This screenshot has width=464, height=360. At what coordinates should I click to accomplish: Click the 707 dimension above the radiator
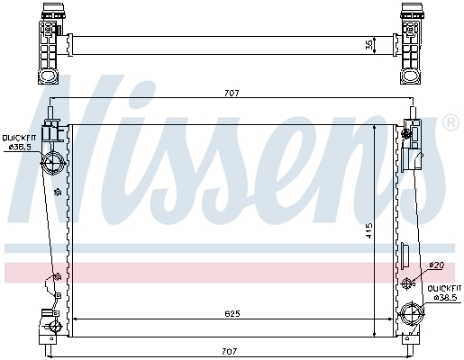pos(232,91)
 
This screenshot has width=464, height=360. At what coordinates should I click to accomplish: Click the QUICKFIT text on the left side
pos(18,137)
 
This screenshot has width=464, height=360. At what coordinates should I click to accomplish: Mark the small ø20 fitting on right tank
pos(406,283)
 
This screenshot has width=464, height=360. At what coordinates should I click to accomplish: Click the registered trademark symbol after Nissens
pos(450,122)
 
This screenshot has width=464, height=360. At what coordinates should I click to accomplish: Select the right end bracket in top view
pos(412,41)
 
